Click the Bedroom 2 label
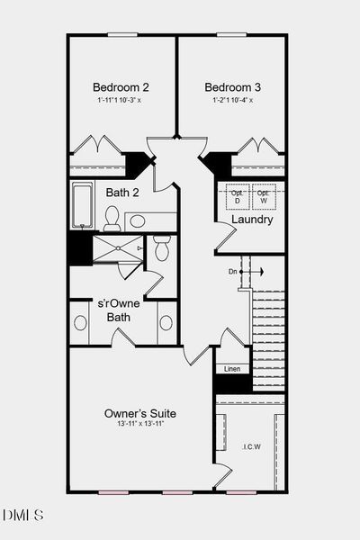click(x=121, y=87)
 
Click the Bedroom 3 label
click(x=232, y=87)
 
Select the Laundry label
click(x=252, y=220)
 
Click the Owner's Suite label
click(x=140, y=414)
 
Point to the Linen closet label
click(x=231, y=369)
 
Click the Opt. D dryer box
click(x=237, y=198)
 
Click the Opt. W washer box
click(x=264, y=198)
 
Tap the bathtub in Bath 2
click(x=83, y=206)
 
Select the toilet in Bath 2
click(x=112, y=218)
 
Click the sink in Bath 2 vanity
click(x=138, y=220)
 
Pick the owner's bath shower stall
click(x=117, y=248)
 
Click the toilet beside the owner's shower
click(x=162, y=247)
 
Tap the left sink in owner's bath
click(x=80, y=322)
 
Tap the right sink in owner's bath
click(x=166, y=322)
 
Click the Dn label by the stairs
click(x=233, y=271)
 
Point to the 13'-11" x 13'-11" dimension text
click(x=140, y=426)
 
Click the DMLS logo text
click(x=22, y=516)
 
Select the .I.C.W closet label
click(x=250, y=446)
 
